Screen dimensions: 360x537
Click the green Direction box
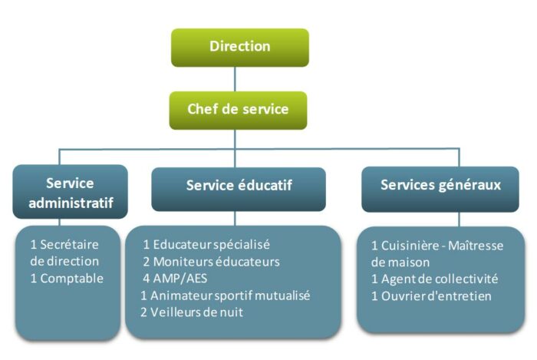[239, 47]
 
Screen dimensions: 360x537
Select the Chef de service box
[238, 109]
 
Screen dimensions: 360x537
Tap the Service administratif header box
[70, 193]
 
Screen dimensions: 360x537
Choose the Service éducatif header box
[239, 186]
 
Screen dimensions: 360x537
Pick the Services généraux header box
[440, 186]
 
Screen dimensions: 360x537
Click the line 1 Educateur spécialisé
[206, 245]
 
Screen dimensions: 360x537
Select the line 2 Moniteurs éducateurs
[211, 262]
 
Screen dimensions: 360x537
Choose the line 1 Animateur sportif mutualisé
[226, 296]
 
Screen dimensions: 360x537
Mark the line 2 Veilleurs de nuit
[191, 312]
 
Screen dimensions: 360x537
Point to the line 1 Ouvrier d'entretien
[431, 296]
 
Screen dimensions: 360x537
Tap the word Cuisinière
[413, 245]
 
